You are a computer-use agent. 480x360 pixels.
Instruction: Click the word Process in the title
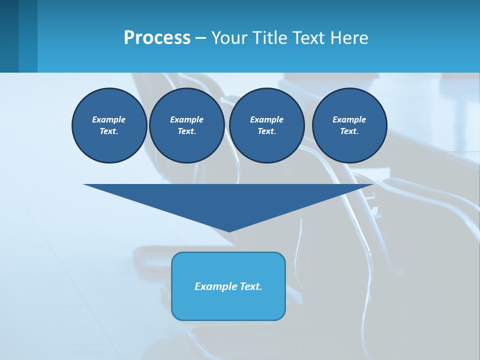click(x=157, y=38)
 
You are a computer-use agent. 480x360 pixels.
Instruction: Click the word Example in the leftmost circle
click(x=109, y=119)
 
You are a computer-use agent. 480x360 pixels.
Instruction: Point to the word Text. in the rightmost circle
click(x=349, y=131)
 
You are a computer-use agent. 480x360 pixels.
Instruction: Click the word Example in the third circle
click(x=266, y=119)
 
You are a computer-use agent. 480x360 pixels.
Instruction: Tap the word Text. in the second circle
click(x=186, y=131)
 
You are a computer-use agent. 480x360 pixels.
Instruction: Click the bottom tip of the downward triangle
click(x=229, y=230)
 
